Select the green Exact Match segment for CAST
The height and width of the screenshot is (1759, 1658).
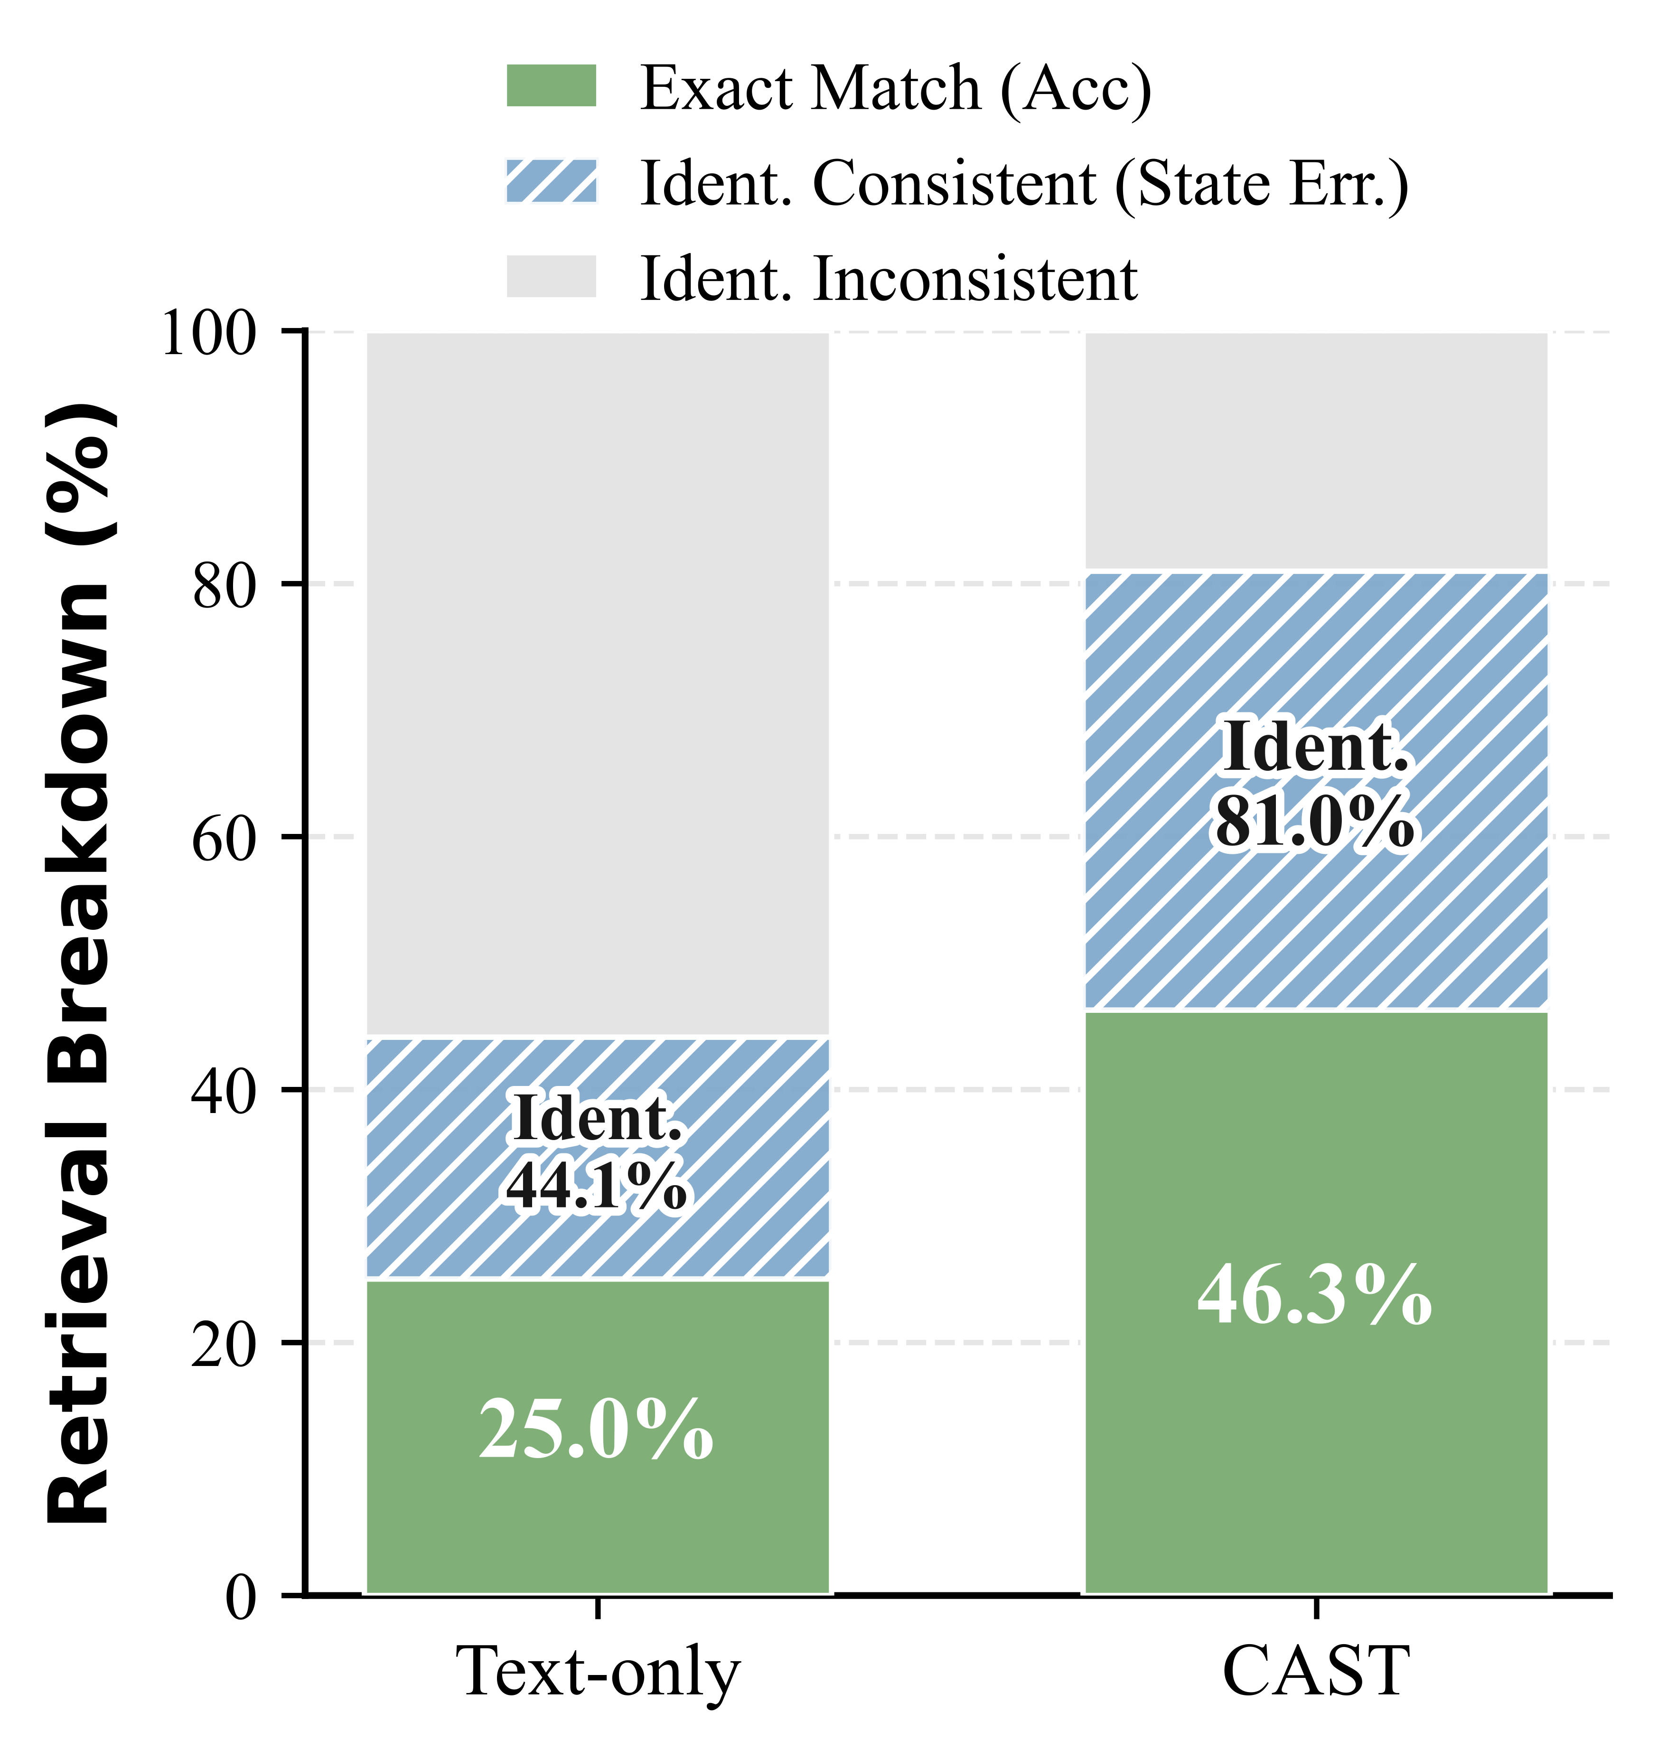tap(1317, 1460)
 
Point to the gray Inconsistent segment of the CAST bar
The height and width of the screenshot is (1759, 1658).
tap(1317, 451)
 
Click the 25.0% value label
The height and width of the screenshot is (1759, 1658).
tap(596, 1431)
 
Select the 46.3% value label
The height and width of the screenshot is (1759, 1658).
tap(1315, 1296)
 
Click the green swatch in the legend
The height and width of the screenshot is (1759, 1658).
tap(551, 86)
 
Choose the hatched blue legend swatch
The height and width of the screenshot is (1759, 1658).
tap(551, 181)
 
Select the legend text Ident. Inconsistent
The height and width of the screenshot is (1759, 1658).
tap(888, 279)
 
